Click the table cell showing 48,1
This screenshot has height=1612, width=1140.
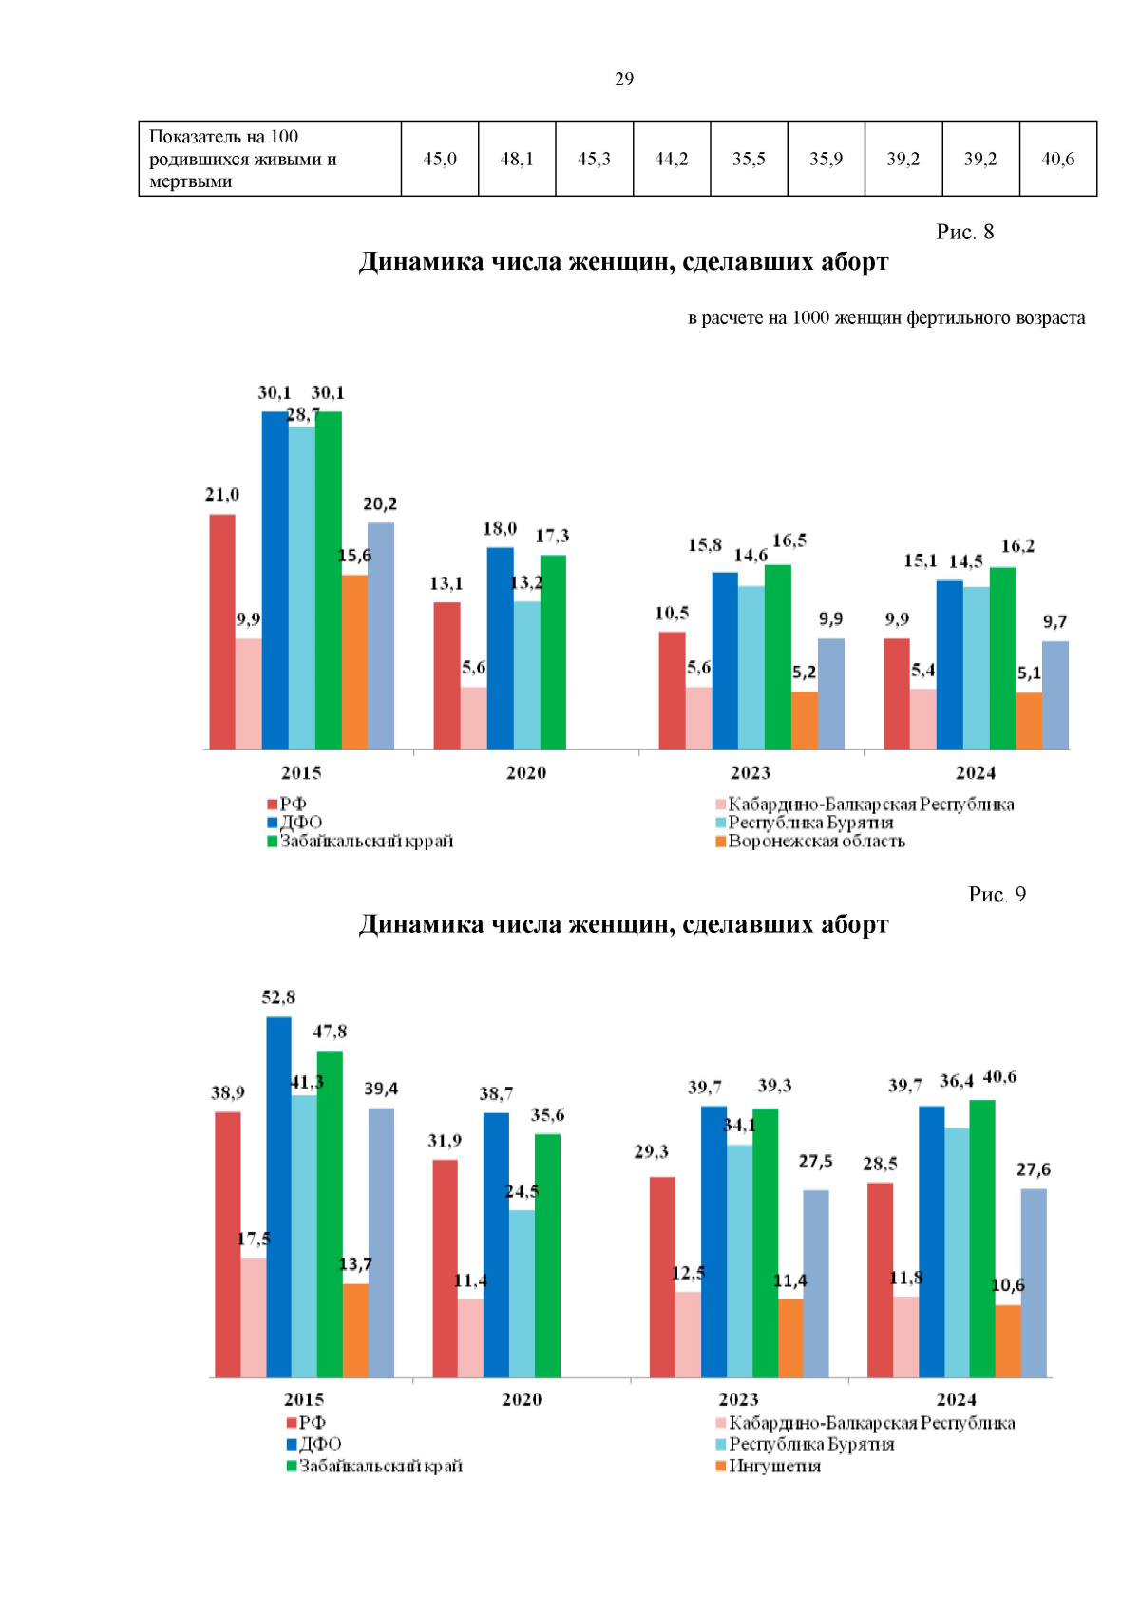[517, 159]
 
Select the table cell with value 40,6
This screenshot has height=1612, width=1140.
[1058, 159]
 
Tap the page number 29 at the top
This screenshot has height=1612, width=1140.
[624, 79]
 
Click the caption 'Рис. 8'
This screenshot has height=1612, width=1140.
[964, 232]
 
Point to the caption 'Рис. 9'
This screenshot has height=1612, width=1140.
[997, 894]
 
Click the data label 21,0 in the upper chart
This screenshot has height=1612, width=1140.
[221, 494]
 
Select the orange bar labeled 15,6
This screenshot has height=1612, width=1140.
[354, 662]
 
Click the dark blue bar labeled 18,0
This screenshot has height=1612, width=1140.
[501, 649]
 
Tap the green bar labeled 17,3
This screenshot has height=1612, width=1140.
[553, 652]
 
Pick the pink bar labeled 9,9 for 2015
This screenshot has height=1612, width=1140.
[248, 693]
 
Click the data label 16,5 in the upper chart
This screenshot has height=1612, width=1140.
[789, 540]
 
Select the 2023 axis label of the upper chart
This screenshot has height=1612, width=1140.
[750, 773]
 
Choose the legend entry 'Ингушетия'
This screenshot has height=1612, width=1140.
[768, 1466]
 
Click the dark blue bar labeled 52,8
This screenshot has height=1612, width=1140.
[278, 1198]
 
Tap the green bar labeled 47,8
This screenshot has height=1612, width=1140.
[330, 1215]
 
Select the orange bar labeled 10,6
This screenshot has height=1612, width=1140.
[1008, 1341]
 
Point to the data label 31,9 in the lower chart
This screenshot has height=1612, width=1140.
[445, 1141]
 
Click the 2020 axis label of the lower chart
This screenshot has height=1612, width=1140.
[522, 1400]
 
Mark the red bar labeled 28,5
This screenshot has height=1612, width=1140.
[880, 1280]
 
